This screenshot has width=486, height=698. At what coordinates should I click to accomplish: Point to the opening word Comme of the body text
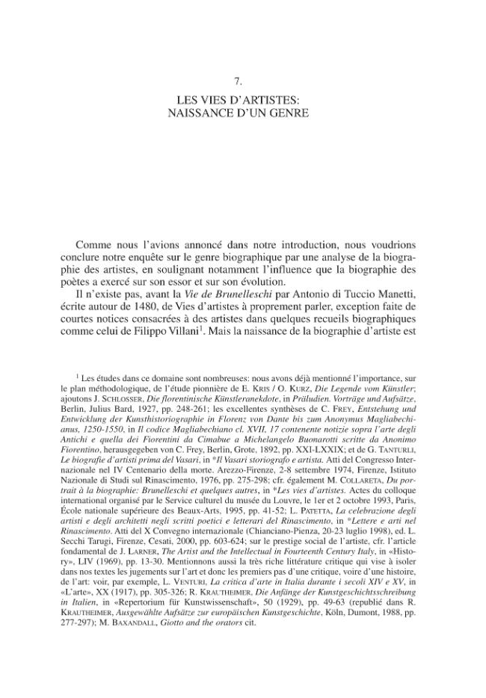coord(94,245)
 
